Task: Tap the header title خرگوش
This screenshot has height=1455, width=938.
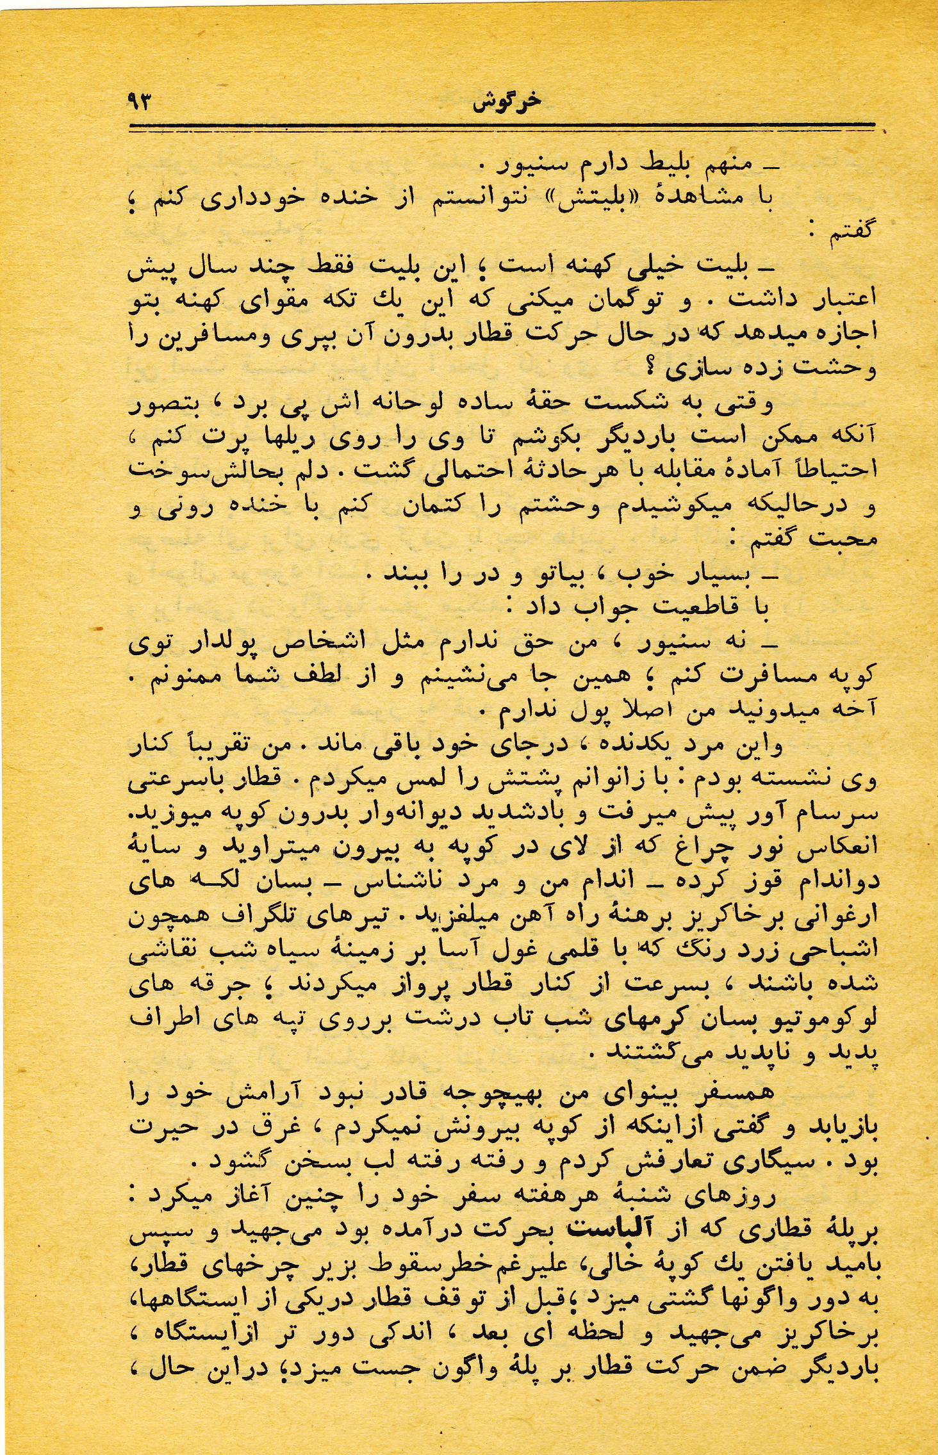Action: click(x=506, y=102)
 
